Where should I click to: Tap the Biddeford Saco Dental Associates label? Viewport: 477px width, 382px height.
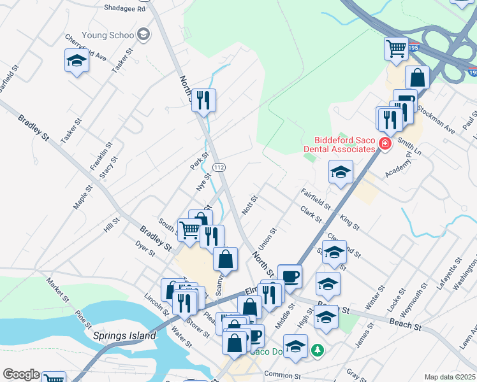pos(343,145)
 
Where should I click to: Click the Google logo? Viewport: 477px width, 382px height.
pos(21,374)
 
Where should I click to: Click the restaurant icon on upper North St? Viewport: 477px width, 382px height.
pos(203,100)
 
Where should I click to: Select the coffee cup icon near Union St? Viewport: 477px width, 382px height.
pos(290,276)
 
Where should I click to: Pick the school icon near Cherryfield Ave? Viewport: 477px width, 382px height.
pos(77,61)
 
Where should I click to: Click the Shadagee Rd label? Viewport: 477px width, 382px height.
pos(125,8)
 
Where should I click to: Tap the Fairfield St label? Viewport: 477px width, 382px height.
pos(316,197)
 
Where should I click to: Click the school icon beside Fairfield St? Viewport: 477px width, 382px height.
pos(341,171)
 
